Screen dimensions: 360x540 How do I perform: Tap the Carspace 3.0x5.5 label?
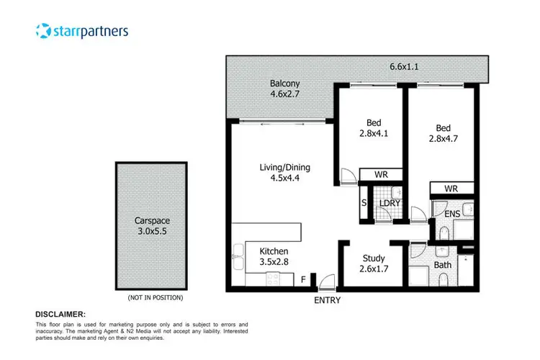click(x=150, y=227)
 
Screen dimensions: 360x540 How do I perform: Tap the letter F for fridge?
click(x=303, y=277)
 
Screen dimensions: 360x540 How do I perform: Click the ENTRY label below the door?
click(x=327, y=300)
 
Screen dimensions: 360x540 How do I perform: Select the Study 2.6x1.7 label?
click(x=374, y=264)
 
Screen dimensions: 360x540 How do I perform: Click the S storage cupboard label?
click(x=364, y=204)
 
